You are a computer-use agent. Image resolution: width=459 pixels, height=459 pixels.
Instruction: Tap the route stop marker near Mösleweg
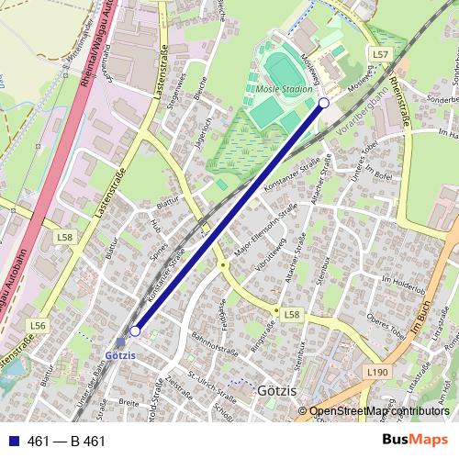323,104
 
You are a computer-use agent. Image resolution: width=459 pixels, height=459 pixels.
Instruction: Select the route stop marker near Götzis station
135,330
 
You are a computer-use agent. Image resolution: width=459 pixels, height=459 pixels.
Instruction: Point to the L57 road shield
381,56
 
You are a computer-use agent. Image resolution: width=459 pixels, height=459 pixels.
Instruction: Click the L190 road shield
377,372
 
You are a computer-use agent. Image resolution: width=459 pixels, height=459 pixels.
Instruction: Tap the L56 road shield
38,325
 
